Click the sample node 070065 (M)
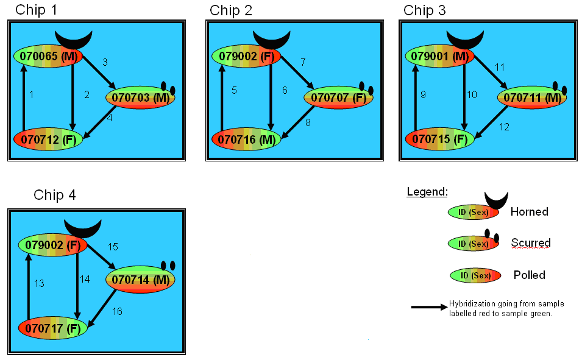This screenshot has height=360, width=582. click(48, 57)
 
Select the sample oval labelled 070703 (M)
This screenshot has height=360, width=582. click(140, 97)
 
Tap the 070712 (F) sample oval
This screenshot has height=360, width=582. click(48, 139)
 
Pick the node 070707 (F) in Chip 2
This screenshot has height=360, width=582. click(338, 97)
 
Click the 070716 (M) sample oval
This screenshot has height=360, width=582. click(246, 139)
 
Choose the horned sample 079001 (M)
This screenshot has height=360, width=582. click(440, 57)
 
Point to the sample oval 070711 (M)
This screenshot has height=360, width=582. click(532, 97)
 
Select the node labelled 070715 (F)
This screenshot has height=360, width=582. click(440, 139)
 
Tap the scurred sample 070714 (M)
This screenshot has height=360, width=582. click(140, 280)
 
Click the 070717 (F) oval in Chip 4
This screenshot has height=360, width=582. click(53, 328)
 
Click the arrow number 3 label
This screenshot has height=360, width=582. click(105, 62)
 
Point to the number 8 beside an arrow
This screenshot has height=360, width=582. click(308, 123)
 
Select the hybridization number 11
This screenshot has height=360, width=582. click(500, 67)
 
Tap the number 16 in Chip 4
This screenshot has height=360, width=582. click(117, 311)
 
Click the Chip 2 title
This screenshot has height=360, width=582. click(231, 10)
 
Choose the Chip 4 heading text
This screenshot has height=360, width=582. click(55, 195)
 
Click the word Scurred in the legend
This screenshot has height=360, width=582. click(531, 242)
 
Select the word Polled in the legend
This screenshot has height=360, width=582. click(530, 275)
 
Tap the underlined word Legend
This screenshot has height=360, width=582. click(427, 192)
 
